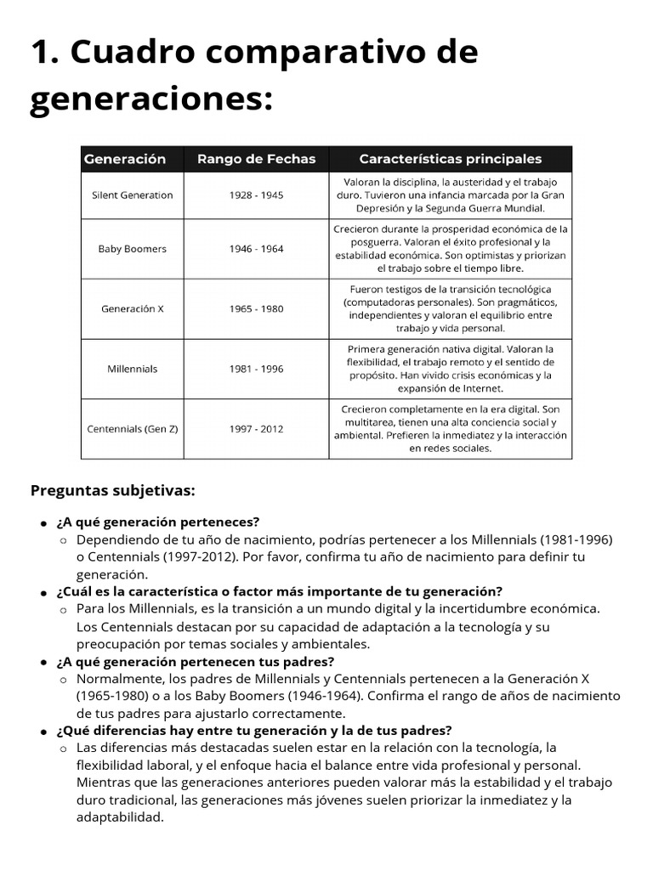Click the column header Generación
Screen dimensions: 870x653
pos(124,159)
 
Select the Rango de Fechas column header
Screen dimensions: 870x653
pos(256,159)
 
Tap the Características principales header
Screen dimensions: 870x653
pos(450,159)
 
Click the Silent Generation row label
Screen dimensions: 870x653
pos(132,195)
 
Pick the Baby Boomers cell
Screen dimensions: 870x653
pos(132,249)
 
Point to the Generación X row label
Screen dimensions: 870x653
pos(132,308)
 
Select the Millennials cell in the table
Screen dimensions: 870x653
pos(132,369)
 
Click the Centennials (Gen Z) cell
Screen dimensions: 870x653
pos(132,429)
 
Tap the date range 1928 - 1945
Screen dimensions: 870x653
pos(256,195)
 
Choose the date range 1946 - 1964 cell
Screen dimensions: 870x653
pos(256,249)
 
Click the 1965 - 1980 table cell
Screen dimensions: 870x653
pos(256,308)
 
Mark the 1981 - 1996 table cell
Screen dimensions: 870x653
pos(256,369)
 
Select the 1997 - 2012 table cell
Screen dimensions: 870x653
pos(256,429)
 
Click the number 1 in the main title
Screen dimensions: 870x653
pos(42,53)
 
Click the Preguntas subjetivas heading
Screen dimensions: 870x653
pos(113,490)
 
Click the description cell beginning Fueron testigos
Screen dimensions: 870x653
pos(450,308)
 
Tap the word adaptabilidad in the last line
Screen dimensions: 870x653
pos(119,817)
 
